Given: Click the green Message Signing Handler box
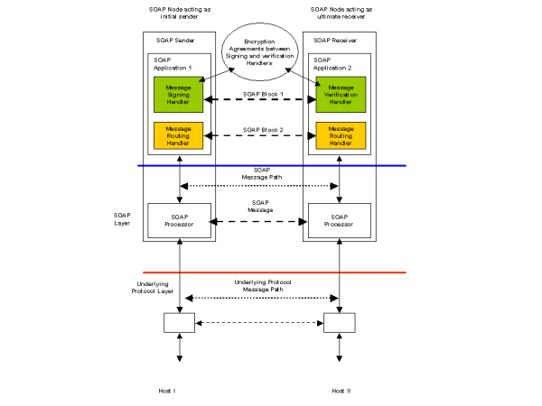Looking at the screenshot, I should pyautogui.click(x=178, y=95).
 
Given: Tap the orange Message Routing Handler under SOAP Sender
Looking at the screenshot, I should pyautogui.click(x=178, y=135).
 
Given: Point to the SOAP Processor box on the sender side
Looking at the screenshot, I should pyautogui.click(x=179, y=220).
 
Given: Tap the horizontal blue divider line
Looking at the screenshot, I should pyautogui.click(x=271, y=165).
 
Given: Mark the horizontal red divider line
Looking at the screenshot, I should pyautogui.click(x=271, y=272).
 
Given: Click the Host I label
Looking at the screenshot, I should pyautogui.click(x=178, y=390).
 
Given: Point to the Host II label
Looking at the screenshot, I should pyautogui.click(x=339, y=390).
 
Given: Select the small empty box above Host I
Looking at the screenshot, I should pyautogui.click(x=179, y=322).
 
